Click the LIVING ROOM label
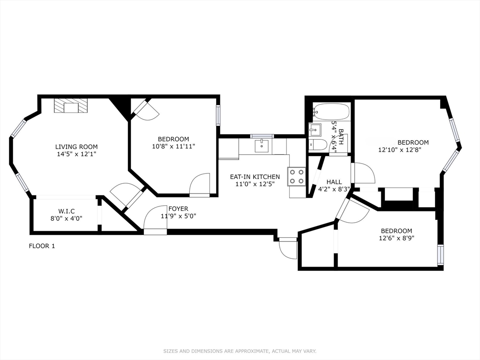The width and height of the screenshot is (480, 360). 76,147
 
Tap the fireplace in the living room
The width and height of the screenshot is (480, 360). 71,106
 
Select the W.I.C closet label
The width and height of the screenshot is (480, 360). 67,211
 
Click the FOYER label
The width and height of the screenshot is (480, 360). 178,209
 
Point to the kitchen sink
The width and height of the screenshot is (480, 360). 262,146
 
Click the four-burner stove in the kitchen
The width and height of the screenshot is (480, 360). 296,176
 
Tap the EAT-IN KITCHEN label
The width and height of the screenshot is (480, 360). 255,177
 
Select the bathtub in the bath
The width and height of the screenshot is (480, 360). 331,112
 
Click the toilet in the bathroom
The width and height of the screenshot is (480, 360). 318,145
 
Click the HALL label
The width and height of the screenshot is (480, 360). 334,182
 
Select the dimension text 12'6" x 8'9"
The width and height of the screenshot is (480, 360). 396,238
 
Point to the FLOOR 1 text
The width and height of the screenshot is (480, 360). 42,246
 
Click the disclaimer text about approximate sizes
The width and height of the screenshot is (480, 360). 240,351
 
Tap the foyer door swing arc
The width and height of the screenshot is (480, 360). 154,217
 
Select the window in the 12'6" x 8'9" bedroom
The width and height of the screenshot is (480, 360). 440,254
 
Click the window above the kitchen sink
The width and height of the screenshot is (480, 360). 262,136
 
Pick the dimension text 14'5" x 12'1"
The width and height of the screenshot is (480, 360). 76,154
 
